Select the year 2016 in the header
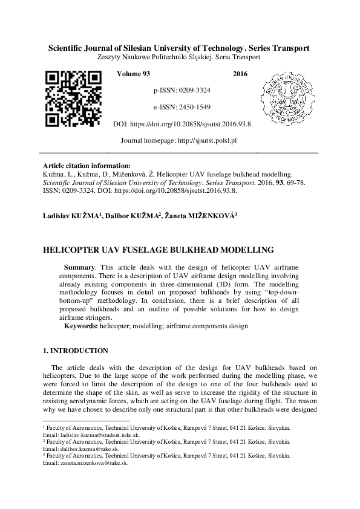click(240, 73)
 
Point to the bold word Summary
click(79, 267)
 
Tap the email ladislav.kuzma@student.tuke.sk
click(97, 434)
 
